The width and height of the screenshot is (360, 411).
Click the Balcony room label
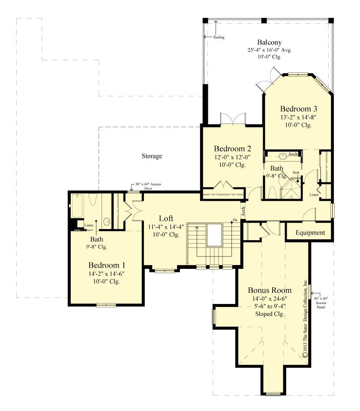click(x=269, y=42)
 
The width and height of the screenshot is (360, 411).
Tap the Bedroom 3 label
click(x=298, y=108)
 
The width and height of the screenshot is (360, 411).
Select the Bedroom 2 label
click(x=232, y=149)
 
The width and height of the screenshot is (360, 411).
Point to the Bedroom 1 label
click(x=107, y=264)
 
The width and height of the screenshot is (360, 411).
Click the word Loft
click(x=166, y=217)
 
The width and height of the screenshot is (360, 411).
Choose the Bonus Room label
click(x=269, y=290)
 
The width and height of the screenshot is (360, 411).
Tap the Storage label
click(x=152, y=156)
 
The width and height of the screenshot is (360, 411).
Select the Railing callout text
click(x=219, y=37)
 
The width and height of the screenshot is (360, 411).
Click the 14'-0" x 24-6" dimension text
click(x=269, y=298)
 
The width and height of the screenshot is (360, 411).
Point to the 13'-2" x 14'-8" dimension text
click(x=298, y=116)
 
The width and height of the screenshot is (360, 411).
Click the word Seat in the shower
click(x=296, y=173)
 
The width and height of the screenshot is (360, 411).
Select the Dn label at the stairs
click(x=235, y=220)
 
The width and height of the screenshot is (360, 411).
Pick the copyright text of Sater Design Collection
click(x=305, y=319)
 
